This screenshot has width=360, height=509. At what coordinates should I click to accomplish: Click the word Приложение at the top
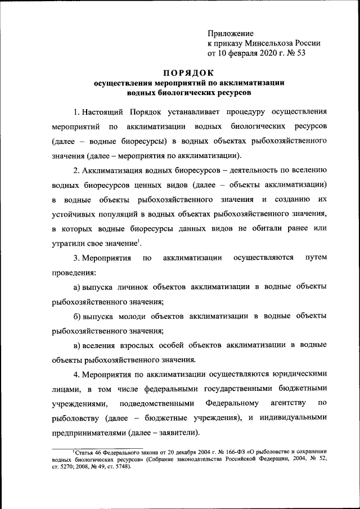(231, 34)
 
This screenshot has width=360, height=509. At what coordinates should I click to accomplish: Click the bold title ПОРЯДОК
(188, 73)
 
